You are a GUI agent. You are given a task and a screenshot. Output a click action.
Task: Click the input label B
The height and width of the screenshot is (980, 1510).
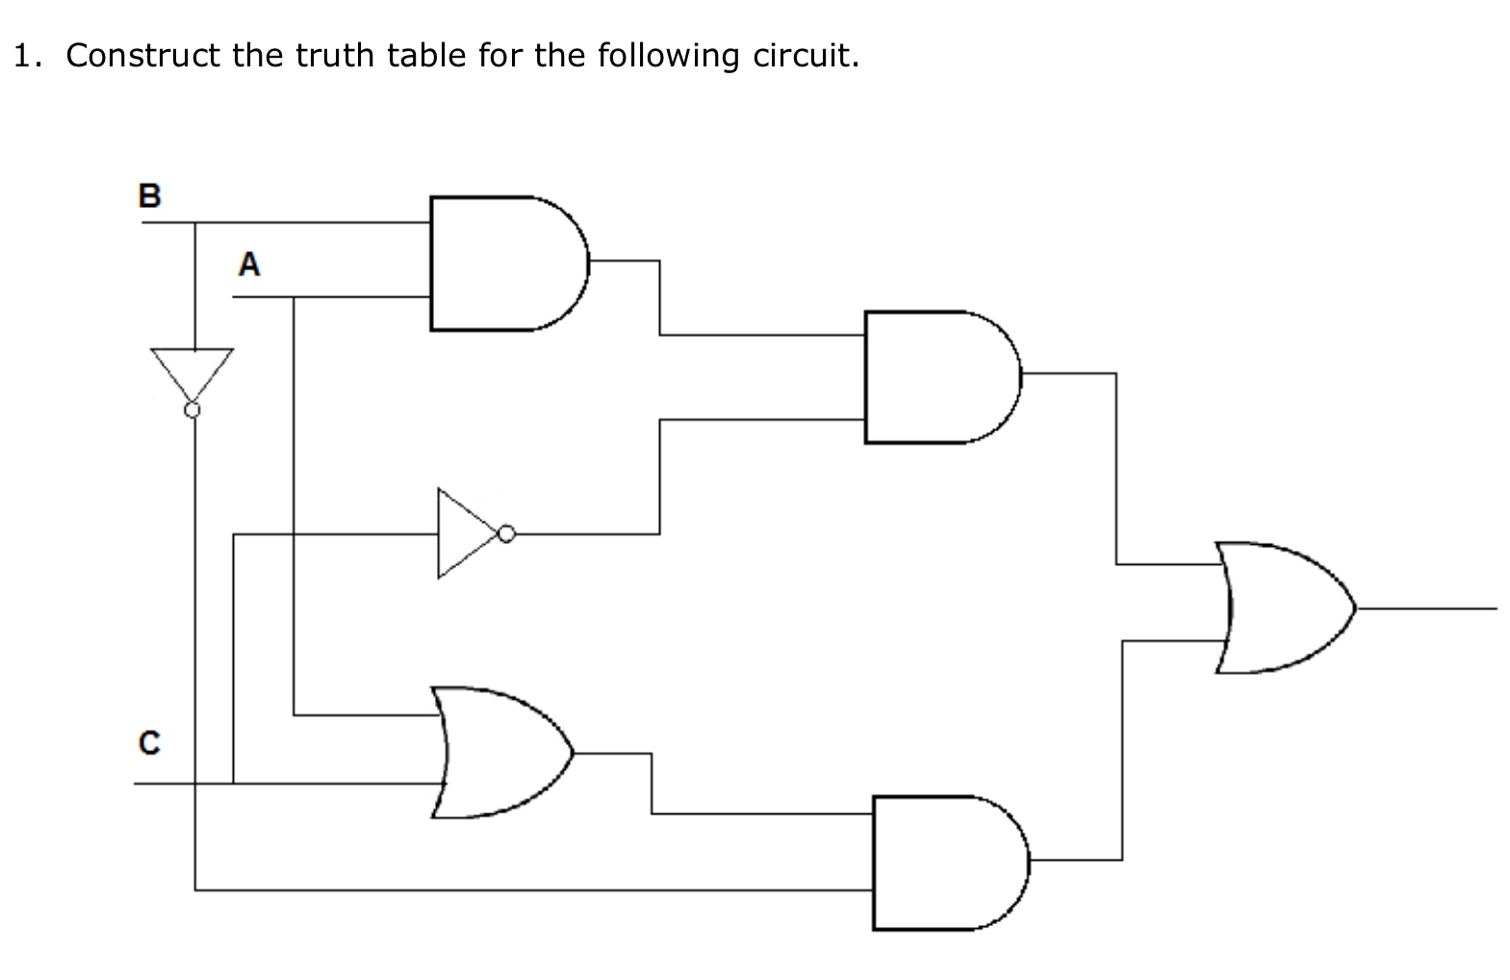[149, 195]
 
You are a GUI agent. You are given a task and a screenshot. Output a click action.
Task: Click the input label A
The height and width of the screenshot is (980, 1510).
[249, 264]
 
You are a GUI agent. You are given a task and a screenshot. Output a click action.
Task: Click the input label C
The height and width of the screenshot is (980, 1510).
[149, 743]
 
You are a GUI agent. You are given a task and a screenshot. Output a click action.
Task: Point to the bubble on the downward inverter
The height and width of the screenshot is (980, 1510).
[192, 411]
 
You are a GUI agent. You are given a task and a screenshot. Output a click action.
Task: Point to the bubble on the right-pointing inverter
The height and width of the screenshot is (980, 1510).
[506, 532]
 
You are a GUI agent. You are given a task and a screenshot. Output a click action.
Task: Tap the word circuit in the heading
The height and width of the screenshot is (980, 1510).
[805, 56]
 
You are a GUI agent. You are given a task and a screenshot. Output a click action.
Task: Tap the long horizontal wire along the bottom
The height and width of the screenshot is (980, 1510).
[529, 890]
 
